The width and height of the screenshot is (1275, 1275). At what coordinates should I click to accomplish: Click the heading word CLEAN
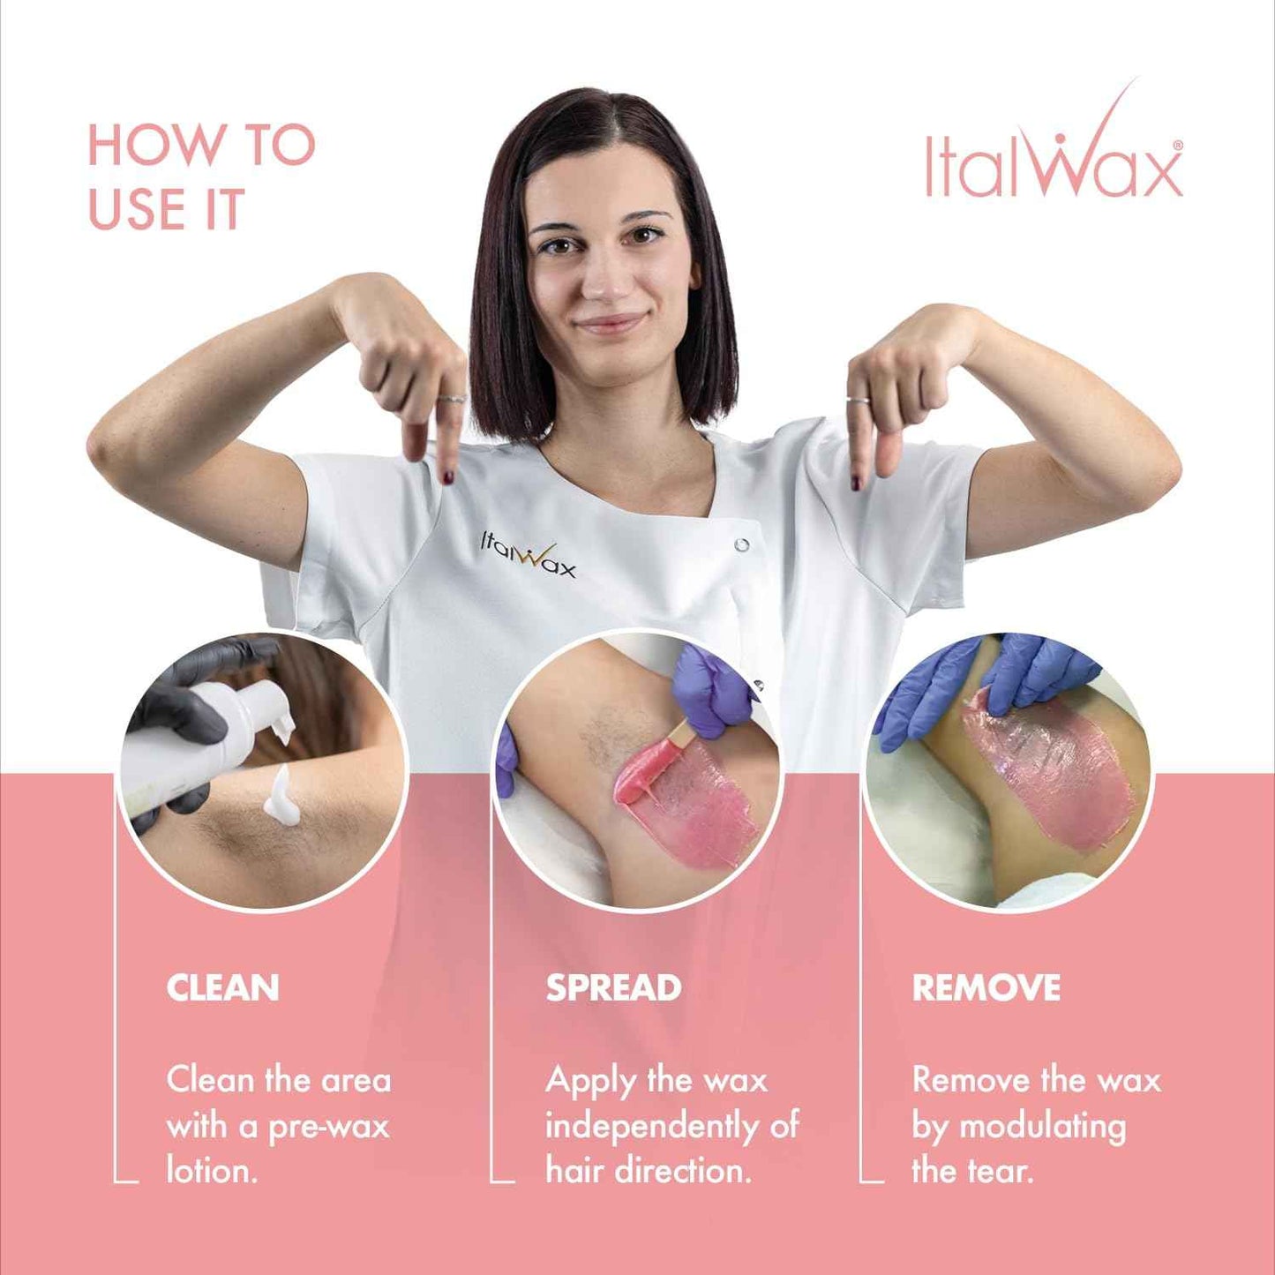coord(222,988)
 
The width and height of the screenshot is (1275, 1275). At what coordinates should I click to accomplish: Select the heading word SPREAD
coord(613,988)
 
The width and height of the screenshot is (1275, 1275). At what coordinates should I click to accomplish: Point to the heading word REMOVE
coord(986,988)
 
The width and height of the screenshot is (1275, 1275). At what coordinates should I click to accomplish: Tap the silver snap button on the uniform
coord(741,545)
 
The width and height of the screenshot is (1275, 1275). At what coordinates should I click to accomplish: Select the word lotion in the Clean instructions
coord(212,1172)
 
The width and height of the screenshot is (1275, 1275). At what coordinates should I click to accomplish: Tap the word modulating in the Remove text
coord(1042,1127)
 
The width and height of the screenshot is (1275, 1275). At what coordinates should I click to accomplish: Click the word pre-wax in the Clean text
coord(328,1127)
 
